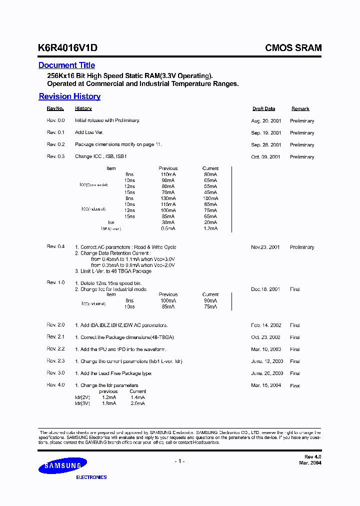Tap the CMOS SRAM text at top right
(293, 48)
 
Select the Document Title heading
(66, 65)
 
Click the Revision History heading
(69, 96)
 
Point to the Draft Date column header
(263, 108)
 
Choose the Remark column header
(300, 108)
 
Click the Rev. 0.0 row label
(56, 120)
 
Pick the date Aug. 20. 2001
(266, 121)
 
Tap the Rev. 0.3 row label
(56, 156)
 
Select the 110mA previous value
(167, 174)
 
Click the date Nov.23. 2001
(266, 247)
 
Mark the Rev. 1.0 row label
(56, 282)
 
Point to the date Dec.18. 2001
(266, 289)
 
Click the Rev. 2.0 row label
(56, 325)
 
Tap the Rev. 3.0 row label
(56, 372)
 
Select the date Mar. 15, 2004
(266, 385)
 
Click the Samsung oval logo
(59, 467)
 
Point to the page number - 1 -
(179, 461)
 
